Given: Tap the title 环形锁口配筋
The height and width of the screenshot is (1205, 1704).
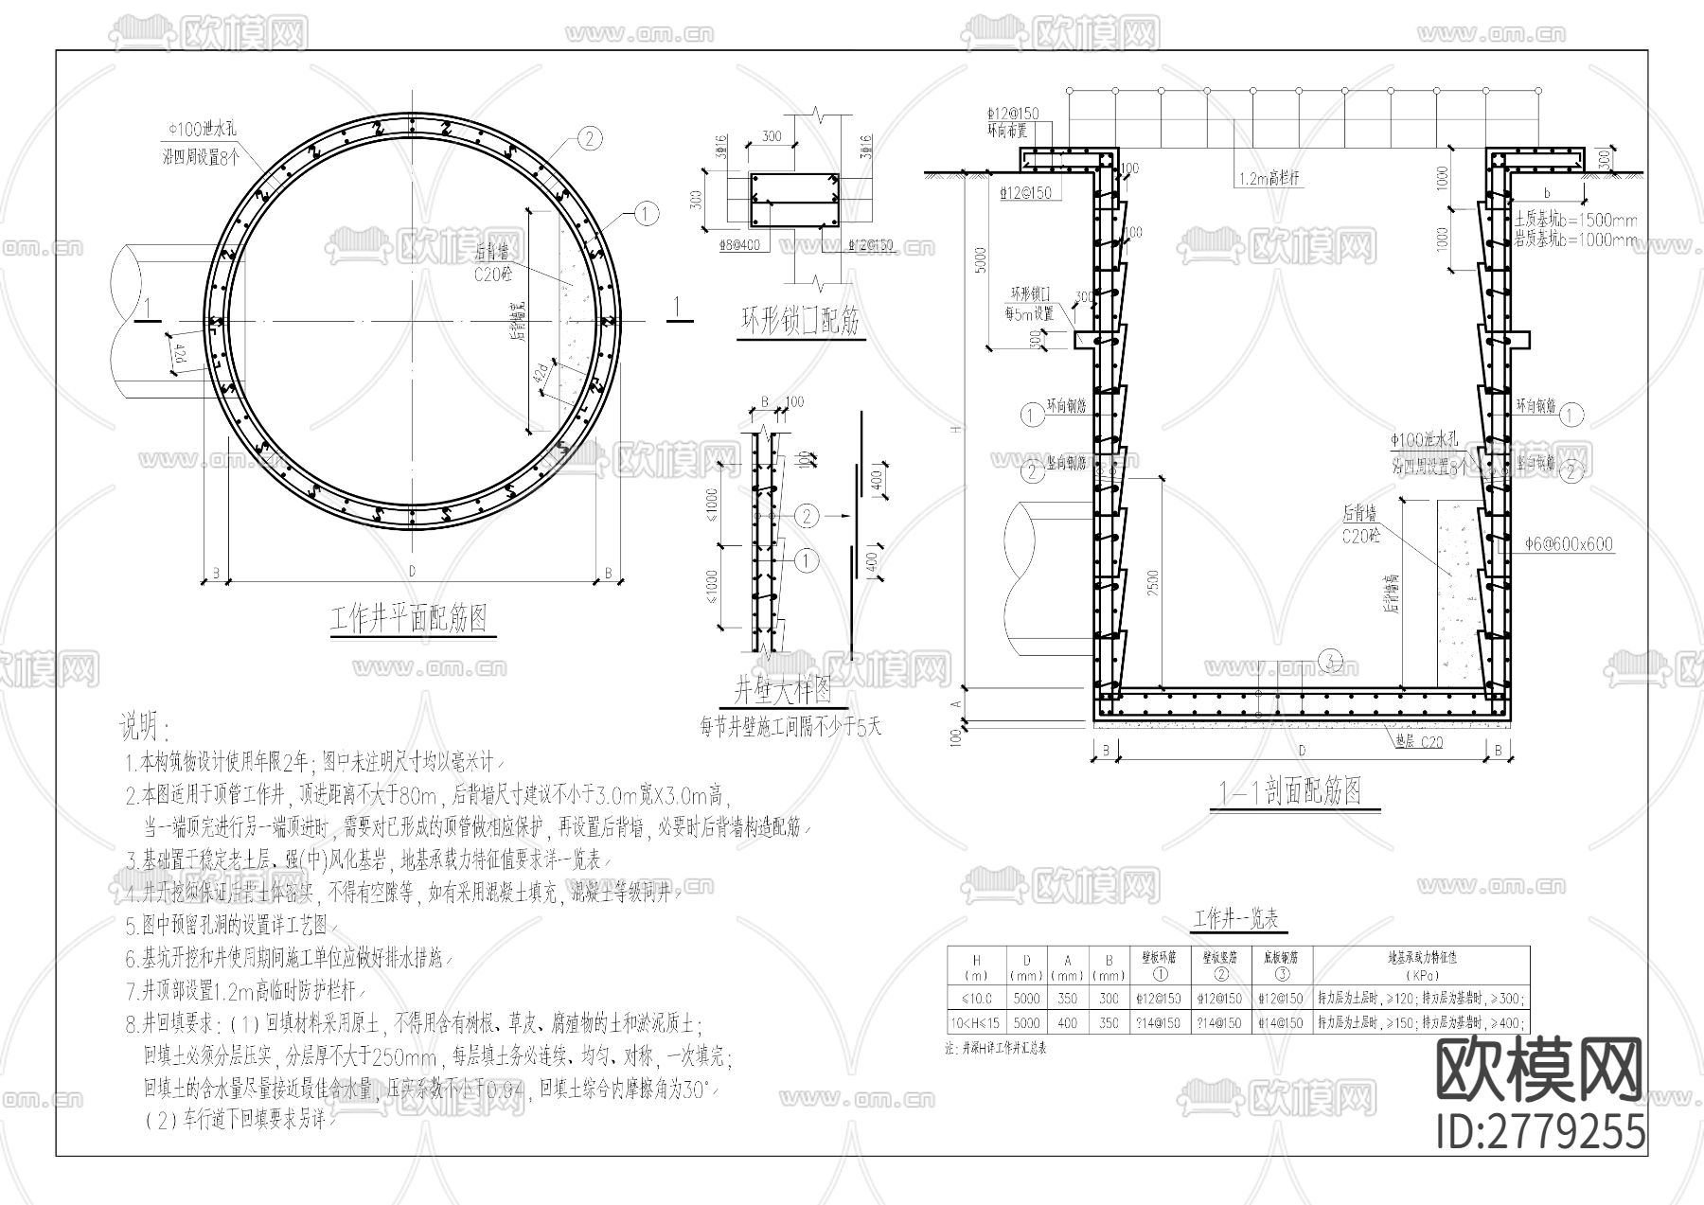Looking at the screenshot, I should pyautogui.click(x=799, y=323).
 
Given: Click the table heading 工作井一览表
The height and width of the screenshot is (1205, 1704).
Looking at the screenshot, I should pyautogui.click(x=1234, y=919).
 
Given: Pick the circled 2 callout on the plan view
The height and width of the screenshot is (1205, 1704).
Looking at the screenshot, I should pyautogui.click(x=588, y=140).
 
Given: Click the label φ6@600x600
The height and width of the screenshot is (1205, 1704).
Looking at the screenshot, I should pyautogui.click(x=1569, y=545).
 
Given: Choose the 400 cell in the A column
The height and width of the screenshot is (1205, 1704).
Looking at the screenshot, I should pyautogui.click(x=1068, y=1023).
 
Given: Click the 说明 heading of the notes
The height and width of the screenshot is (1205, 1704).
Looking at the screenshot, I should pyautogui.click(x=143, y=728).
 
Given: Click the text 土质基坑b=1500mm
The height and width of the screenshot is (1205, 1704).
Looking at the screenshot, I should pyautogui.click(x=1574, y=220).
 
